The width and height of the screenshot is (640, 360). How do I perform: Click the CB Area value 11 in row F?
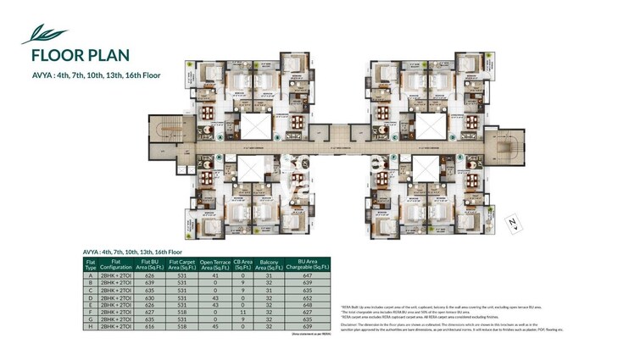pos(245,312)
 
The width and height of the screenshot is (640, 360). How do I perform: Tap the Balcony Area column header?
pos(272,265)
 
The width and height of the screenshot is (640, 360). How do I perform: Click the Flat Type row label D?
pos(91,297)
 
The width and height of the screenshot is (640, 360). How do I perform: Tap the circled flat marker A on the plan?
pos(218,136)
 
